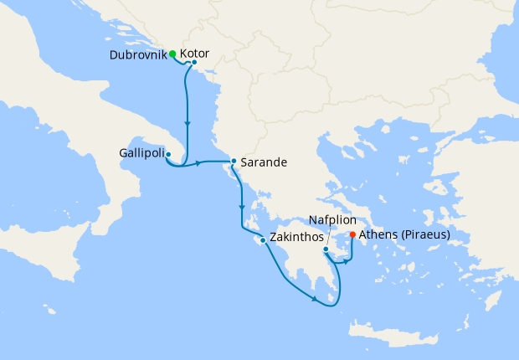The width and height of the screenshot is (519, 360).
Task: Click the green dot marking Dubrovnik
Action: pyautogui.click(x=172, y=54)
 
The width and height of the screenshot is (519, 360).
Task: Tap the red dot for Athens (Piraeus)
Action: pyautogui.click(x=352, y=234)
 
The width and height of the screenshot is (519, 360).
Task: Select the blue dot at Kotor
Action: pyautogui.click(x=194, y=62)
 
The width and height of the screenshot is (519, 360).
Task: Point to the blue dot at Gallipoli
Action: pyautogui.click(x=168, y=154)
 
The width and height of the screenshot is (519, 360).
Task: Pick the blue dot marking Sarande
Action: pyautogui.click(x=234, y=161)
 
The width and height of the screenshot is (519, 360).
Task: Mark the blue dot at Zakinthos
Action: pyautogui.click(x=263, y=241)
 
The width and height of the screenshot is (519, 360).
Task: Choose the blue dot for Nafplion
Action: pyautogui.click(x=326, y=249)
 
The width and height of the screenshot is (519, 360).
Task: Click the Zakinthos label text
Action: pyautogui.click(x=297, y=237)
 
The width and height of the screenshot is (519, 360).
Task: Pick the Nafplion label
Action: pyautogui.click(x=333, y=219)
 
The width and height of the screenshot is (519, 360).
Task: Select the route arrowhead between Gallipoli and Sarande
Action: pyautogui.click(x=200, y=162)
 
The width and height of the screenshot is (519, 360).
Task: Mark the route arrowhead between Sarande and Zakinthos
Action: pyautogui.click(x=243, y=206)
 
